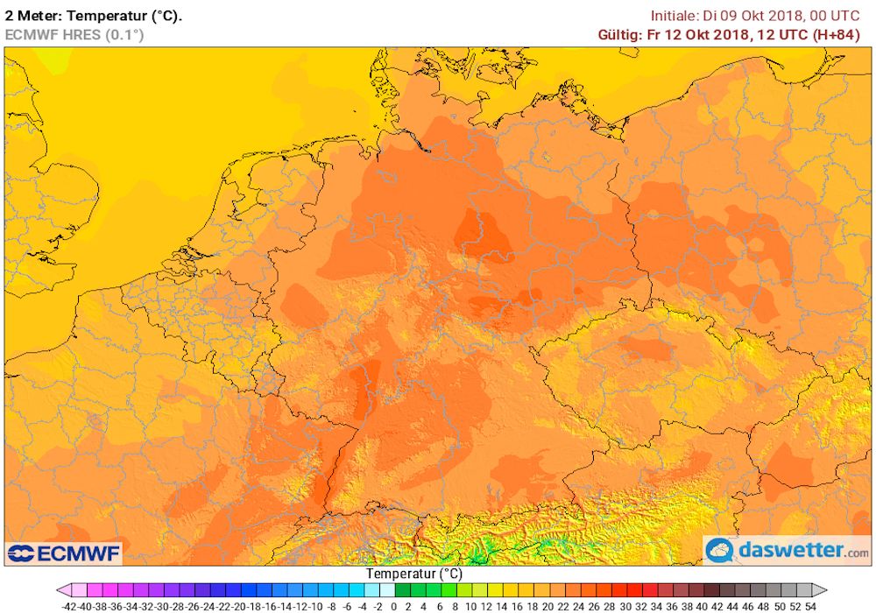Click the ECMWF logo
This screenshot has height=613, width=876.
tap(63, 553)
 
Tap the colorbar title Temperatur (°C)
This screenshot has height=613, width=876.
tap(413, 574)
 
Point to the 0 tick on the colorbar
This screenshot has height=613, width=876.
tap(394, 605)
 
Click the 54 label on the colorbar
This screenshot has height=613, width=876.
tap(811, 605)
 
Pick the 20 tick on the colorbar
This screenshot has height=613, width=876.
tap(548, 605)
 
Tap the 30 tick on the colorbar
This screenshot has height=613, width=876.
tap(625, 605)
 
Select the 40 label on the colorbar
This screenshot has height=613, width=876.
tap(703, 605)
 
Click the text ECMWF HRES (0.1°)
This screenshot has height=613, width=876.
tap(74, 34)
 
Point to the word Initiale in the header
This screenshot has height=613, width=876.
tap(675, 15)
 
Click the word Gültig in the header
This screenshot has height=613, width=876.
tap(618, 34)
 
